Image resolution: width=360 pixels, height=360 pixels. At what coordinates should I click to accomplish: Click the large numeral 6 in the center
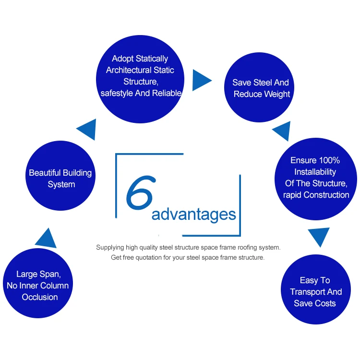pyautogui.click(x=140, y=194)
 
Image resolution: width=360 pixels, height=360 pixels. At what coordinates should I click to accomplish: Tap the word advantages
pyautogui.click(x=193, y=214)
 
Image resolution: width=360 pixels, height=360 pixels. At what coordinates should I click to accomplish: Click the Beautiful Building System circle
pyautogui.click(x=60, y=178)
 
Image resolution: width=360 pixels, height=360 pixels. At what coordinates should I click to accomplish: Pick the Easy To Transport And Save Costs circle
pyautogui.click(x=315, y=291)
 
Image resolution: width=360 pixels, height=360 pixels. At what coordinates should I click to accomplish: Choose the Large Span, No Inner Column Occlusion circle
pyautogui.click(x=38, y=285)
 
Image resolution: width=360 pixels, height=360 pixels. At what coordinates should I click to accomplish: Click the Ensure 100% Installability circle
pyautogui.click(x=316, y=178)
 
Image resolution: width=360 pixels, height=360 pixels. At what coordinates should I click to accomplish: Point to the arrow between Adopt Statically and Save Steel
pyautogui.click(x=201, y=80)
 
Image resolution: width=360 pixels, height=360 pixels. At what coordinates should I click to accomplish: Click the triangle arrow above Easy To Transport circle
pyautogui.click(x=319, y=236)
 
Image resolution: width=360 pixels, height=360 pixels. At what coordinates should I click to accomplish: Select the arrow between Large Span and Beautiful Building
pyautogui.click(x=47, y=238)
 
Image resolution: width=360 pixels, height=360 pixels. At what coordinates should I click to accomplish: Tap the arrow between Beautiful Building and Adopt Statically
pyautogui.click(x=87, y=129)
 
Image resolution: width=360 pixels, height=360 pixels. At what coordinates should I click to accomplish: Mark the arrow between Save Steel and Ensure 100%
pyautogui.click(x=282, y=130)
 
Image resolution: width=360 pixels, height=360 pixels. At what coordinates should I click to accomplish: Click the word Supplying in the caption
pyautogui.click(x=110, y=248)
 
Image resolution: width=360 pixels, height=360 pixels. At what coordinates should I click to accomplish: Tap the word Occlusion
pyautogui.click(x=40, y=297)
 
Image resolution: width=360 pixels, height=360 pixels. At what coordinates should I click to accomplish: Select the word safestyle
pyautogui.click(x=117, y=93)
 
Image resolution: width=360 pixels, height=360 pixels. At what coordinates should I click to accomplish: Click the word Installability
pyautogui.click(x=315, y=172)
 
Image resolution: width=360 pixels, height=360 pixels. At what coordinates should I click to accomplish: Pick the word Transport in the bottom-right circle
pyautogui.click(x=308, y=292)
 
